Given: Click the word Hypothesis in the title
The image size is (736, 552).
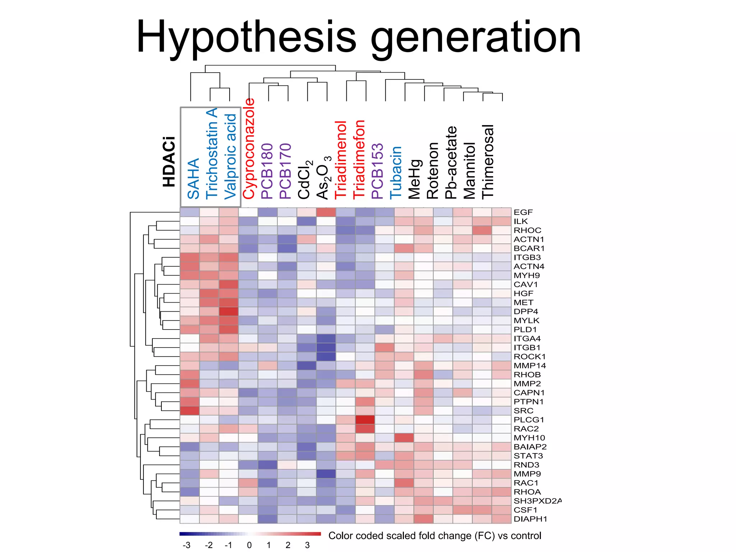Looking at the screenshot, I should [246, 37].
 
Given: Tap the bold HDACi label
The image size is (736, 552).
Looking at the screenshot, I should [169, 162].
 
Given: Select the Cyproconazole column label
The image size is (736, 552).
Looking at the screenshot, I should [249, 149].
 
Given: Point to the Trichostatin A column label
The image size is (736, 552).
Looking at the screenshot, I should [212, 153].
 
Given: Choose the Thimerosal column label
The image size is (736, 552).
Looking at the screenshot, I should [488, 162].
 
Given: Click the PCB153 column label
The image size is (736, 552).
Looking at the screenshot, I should [377, 171].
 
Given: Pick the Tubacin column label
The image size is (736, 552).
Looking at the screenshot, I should [396, 172].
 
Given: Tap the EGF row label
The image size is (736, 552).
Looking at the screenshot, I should [523, 212].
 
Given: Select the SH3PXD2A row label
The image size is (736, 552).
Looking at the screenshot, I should [537, 501].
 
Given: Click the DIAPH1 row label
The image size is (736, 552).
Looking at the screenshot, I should [530, 519].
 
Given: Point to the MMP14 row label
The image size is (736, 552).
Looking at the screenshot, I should [529, 366].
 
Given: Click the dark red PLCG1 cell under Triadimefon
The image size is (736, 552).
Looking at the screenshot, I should [365, 420].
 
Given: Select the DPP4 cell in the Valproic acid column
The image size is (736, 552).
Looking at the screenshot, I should [229, 312].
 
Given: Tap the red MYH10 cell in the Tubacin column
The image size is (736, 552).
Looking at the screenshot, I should [404, 438].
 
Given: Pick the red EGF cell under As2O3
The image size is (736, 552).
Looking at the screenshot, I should [326, 212].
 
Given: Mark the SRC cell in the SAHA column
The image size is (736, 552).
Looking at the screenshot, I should [189, 411].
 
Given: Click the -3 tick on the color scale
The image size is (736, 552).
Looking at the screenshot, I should [186, 545].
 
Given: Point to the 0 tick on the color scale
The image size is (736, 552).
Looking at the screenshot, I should [249, 545].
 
